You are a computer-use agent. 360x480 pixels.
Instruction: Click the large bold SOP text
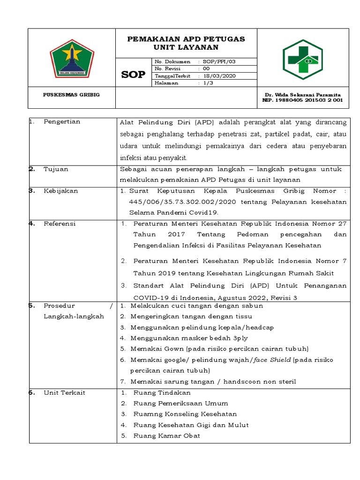coord(133,75)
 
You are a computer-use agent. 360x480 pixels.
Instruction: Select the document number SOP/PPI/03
coord(218,61)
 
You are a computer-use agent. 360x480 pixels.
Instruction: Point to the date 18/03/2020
coord(219,75)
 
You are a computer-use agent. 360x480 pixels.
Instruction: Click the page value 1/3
coord(209,82)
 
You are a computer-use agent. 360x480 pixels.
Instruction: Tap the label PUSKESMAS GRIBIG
coord(71,95)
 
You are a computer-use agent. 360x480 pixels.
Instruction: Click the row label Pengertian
coord(62,122)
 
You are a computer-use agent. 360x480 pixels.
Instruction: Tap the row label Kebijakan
coord(61,191)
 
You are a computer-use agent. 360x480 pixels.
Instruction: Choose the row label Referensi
coord(60,224)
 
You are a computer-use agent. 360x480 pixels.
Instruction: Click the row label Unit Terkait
coord(64,392)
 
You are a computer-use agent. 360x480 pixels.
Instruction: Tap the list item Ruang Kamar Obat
coord(166,435)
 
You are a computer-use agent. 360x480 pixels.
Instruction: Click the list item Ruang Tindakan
coord(162,392)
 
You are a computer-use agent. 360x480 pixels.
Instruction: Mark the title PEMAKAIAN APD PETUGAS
coord(186,39)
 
